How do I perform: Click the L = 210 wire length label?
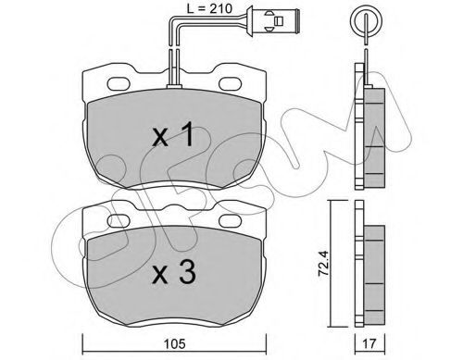pos(209,8)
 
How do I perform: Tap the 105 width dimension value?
pos(175,344)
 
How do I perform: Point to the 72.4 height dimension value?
pos(324,263)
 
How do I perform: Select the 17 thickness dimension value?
pos(369,344)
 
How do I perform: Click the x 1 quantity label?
pos(173,134)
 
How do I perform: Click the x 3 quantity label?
pos(174,272)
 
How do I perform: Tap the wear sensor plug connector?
pos(273,20)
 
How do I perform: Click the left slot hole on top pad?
pos(119,83)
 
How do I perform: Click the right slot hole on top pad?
pos(231,83)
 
